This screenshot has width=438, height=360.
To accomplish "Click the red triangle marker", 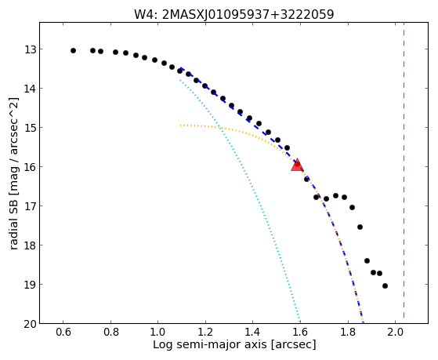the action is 297,165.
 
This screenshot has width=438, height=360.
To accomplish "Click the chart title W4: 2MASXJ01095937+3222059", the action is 234,14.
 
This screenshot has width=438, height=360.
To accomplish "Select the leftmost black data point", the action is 73,51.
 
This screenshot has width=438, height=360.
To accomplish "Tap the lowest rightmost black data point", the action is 385,285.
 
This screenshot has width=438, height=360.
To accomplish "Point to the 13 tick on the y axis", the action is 30,49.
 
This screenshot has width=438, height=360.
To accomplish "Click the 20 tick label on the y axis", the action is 30,324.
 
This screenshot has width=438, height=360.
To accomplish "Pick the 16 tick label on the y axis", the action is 30,167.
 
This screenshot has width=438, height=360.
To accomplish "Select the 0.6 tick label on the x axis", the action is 63,332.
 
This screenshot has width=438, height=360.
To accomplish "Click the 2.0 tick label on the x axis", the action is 396,332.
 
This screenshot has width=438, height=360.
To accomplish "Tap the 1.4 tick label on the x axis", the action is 253,332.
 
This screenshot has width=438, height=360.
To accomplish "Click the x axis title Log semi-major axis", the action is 210,345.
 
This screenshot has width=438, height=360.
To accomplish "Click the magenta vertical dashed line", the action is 404,173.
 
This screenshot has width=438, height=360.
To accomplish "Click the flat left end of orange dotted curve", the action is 181,125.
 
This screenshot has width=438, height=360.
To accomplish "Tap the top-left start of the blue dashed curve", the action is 181,68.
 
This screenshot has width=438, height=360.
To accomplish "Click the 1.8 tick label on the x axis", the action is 348,332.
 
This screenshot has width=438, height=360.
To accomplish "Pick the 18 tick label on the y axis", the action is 30,245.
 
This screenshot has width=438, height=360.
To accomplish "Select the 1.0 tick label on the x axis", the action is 158,332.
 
